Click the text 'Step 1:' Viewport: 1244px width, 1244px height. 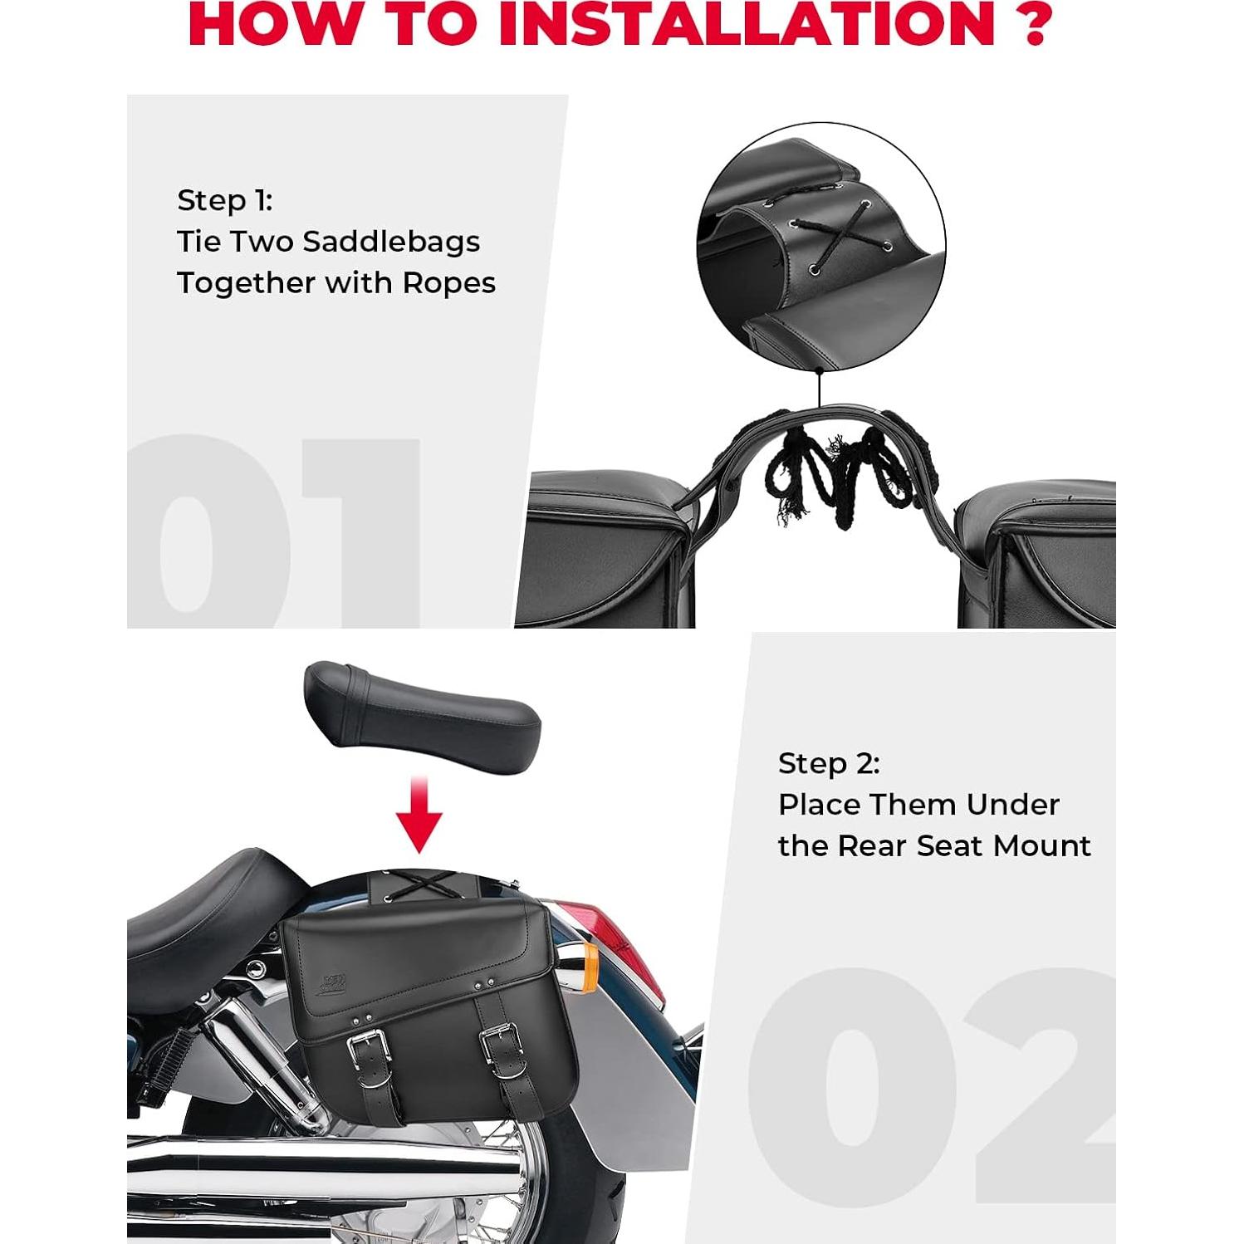click(x=224, y=200)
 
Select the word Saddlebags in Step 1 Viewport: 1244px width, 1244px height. click(x=391, y=242)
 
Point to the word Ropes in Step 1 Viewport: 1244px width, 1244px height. click(x=448, y=283)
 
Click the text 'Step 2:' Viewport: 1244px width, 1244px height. click(x=828, y=763)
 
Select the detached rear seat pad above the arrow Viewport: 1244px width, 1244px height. click(x=422, y=713)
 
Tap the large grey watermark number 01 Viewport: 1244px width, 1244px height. click(x=274, y=531)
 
